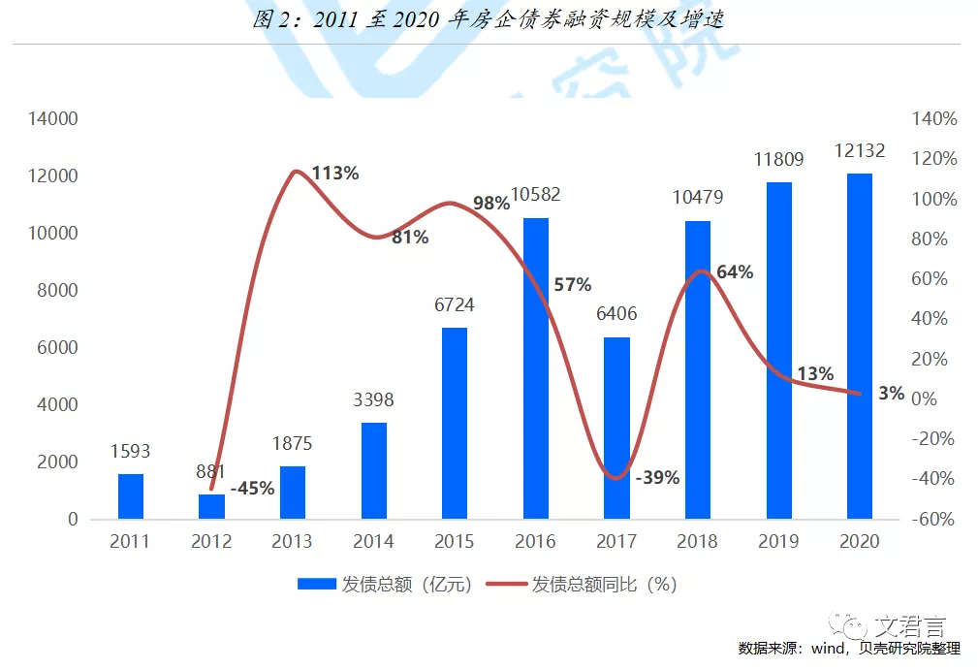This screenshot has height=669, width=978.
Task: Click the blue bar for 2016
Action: click(x=536, y=368)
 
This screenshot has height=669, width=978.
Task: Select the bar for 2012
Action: click(x=211, y=506)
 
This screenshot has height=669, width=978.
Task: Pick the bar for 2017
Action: click(x=617, y=428)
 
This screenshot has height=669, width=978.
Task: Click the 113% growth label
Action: click(x=335, y=174)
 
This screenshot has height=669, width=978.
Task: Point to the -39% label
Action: click(x=657, y=477)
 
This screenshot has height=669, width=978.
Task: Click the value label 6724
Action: click(x=455, y=305)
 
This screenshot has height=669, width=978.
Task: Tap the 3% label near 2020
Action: click(x=891, y=393)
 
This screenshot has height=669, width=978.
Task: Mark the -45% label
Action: click(x=253, y=488)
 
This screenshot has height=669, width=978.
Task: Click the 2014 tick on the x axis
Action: click(x=373, y=541)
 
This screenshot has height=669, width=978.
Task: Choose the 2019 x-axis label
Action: click(x=778, y=541)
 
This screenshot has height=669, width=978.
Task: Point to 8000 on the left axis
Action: click(x=57, y=290)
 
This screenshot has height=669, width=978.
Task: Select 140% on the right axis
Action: click(x=935, y=119)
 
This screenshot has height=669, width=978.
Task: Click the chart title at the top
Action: click(x=489, y=20)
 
